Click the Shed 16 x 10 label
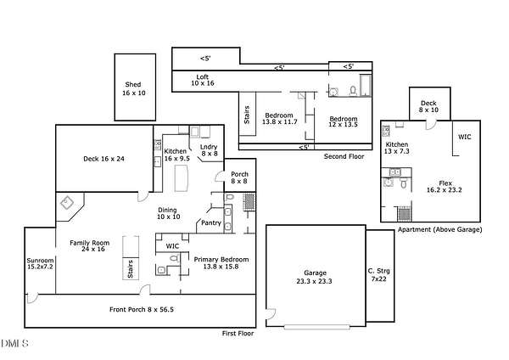(x=133, y=88)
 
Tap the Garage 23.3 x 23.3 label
(x=314, y=277)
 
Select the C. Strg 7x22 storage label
(x=379, y=275)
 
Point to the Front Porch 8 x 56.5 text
(x=142, y=310)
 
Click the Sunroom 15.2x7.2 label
(x=40, y=263)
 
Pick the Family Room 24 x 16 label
(x=90, y=246)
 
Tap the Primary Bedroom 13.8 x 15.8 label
(x=221, y=263)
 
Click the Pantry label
(x=211, y=223)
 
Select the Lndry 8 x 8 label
(x=209, y=150)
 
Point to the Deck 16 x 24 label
(x=103, y=159)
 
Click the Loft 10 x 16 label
(x=203, y=80)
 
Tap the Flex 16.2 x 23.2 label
(x=444, y=187)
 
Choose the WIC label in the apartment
(x=465, y=137)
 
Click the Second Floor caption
(x=344, y=156)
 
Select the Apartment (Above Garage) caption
(x=439, y=229)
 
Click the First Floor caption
(x=238, y=334)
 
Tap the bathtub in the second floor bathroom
(x=366, y=86)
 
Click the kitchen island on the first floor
(x=182, y=178)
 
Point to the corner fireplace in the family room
(x=67, y=203)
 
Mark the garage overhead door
(x=316, y=327)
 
